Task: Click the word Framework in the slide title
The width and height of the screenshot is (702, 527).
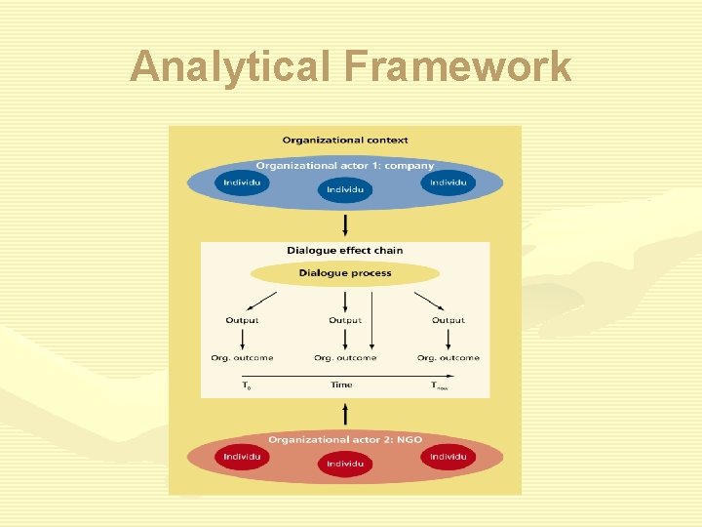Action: pyautogui.click(x=456, y=67)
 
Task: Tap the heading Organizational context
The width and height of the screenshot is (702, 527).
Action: pyautogui.click(x=345, y=141)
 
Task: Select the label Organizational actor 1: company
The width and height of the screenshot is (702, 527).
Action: pyautogui.click(x=345, y=166)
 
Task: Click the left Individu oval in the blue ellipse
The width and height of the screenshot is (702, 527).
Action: pyautogui.click(x=243, y=182)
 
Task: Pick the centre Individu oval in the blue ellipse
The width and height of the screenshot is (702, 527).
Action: pyautogui.click(x=345, y=189)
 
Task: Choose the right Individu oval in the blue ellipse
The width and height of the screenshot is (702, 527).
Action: pyautogui.click(x=448, y=182)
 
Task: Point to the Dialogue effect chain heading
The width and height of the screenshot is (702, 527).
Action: pyautogui.click(x=345, y=251)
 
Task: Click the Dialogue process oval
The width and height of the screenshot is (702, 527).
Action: pyautogui.click(x=345, y=273)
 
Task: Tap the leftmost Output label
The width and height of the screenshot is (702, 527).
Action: pyautogui.click(x=242, y=320)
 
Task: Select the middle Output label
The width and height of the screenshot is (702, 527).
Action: pyautogui.click(x=345, y=320)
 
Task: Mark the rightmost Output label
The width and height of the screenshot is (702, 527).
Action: pyautogui.click(x=448, y=320)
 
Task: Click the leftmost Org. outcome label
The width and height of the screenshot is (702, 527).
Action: pyautogui.click(x=242, y=358)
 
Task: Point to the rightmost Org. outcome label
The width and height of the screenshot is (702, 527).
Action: pyautogui.click(x=448, y=358)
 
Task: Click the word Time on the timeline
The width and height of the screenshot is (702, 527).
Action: pyautogui.click(x=341, y=385)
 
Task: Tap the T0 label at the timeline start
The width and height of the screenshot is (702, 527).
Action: pyautogui.click(x=246, y=386)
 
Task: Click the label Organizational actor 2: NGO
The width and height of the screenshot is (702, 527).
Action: pyautogui.click(x=345, y=440)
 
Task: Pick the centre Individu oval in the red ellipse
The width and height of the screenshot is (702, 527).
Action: pyautogui.click(x=345, y=465)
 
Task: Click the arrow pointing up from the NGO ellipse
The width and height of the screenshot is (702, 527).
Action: pyautogui.click(x=345, y=413)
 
